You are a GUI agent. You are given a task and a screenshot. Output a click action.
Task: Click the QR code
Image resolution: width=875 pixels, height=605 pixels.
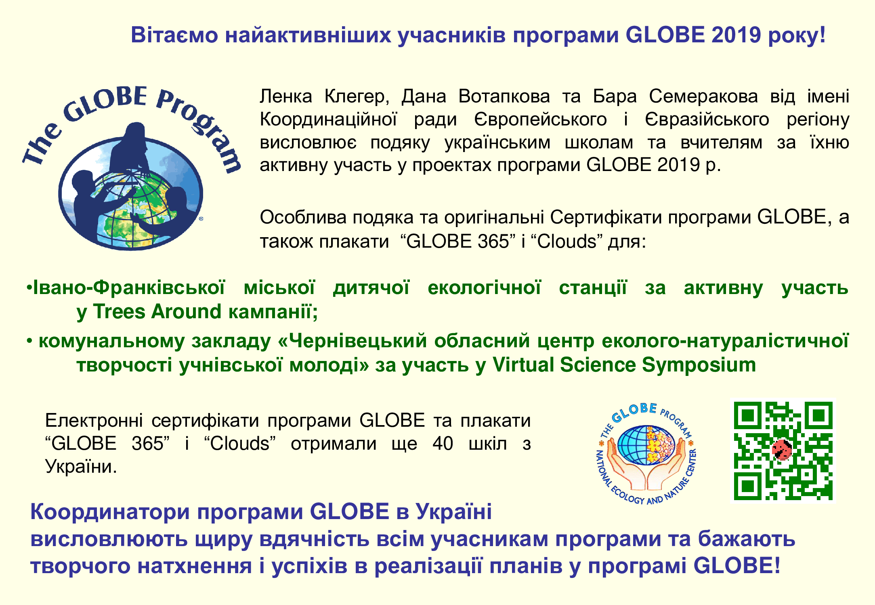[x=783, y=451]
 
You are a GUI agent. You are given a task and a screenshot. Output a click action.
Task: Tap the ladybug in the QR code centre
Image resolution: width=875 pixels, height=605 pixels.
[x=782, y=449]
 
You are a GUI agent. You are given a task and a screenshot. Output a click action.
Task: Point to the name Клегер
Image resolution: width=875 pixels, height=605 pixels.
[x=357, y=97]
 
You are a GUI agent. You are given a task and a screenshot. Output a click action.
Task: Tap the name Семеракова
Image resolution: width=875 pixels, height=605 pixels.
[x=703, y=97]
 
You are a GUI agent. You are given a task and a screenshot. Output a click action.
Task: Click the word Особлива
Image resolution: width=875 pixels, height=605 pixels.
[x=303, y=217]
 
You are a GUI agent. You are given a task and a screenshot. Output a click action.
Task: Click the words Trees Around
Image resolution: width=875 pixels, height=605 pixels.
[x=157, y=312]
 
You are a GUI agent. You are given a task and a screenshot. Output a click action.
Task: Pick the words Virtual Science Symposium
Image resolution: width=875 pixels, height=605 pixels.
[x=624, y=365]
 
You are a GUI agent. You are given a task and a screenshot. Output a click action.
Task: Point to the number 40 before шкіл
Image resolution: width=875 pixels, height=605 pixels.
[x=443, y=444]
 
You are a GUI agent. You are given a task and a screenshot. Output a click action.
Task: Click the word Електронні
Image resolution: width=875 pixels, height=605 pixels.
[x=94, y=421]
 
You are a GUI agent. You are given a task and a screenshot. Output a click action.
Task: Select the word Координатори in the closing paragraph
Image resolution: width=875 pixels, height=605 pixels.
[x=110, y=512]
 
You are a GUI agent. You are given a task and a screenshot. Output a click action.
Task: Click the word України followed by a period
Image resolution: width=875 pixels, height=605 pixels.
[x=81, y=467]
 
